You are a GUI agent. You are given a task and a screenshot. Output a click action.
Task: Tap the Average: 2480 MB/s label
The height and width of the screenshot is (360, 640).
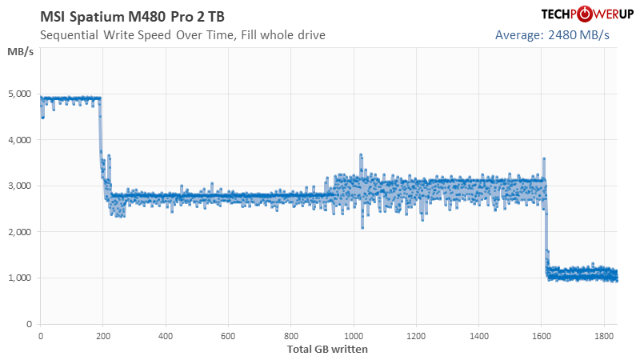tap(552, 35)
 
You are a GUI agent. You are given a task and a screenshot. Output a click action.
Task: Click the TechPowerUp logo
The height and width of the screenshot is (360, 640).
tap(564, 14)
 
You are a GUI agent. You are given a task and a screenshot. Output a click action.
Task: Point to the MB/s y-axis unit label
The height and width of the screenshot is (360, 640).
tap(20, 52)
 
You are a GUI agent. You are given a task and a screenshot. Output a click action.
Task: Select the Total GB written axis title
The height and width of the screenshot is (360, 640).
tap(328, 349)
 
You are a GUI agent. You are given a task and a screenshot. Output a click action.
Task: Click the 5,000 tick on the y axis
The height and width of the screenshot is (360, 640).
tap(19, 94)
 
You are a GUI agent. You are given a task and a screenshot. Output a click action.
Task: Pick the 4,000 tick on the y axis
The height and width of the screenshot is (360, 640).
tap(19, 140)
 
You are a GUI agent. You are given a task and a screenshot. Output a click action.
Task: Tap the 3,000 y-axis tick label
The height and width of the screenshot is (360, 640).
tap(19, 186)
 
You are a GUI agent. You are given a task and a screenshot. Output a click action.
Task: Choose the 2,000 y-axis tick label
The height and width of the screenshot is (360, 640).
tap(19, 232)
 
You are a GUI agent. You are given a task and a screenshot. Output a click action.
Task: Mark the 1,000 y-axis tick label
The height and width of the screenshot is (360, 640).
tap(19, 278)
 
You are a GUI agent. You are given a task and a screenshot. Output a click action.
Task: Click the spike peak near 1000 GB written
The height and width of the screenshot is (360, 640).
tap(361, 154)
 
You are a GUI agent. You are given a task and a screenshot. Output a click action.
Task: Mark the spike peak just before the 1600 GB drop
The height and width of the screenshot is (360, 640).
tap(544, 158)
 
